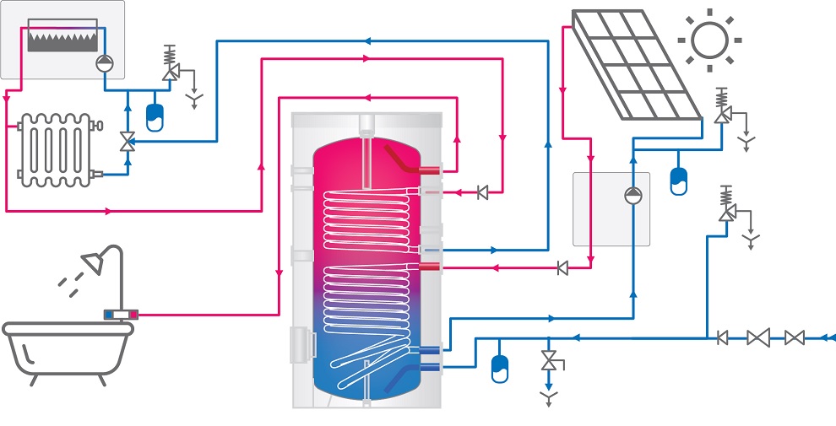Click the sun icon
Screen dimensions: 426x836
pos(708,39)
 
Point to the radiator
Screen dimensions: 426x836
pos(54,149)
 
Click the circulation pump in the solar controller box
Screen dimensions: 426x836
pos(633,196)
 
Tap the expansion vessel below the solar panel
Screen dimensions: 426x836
pos(678,181)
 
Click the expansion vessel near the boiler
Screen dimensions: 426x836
pos(155,116)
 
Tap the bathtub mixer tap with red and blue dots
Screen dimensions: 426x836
pos(121,315)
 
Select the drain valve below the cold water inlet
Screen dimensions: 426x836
pos(549,361)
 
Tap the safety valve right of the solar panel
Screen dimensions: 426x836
pos(722,114)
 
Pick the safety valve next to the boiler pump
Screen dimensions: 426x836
pos(170,73)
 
